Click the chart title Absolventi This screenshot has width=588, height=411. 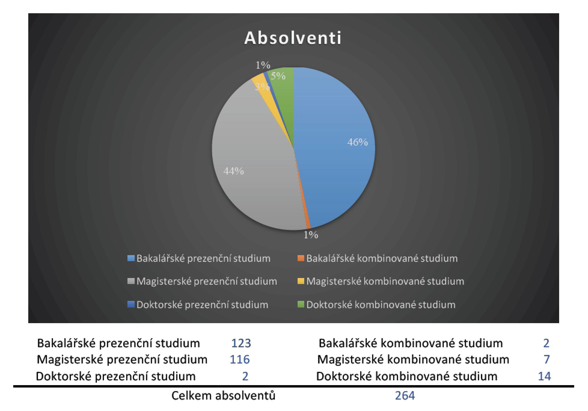293,38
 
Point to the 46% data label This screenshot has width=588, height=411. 357,142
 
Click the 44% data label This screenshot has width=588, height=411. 234,171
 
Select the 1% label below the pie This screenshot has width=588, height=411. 311,235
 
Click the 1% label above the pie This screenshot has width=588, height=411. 263,65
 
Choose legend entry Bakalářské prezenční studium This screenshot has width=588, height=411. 199,258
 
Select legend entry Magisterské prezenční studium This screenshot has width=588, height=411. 202,281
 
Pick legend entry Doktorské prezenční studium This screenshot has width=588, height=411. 198,304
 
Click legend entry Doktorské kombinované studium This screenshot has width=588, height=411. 377,304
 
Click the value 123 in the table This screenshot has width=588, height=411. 241,343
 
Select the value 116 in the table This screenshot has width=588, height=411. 240,359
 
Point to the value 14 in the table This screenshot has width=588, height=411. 544,376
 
